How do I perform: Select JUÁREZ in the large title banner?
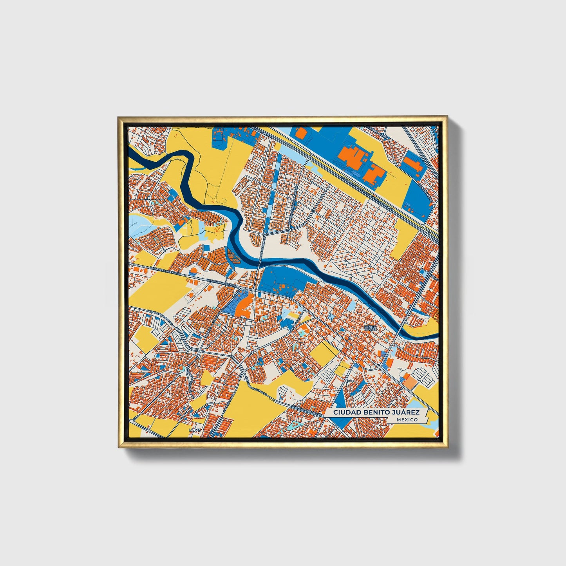point(406,412)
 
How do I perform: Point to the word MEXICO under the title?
point(407,420)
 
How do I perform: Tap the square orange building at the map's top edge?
point(301,133)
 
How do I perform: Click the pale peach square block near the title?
point(409,382)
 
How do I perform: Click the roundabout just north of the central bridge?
point(265,234)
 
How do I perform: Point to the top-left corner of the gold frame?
point(118,117)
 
